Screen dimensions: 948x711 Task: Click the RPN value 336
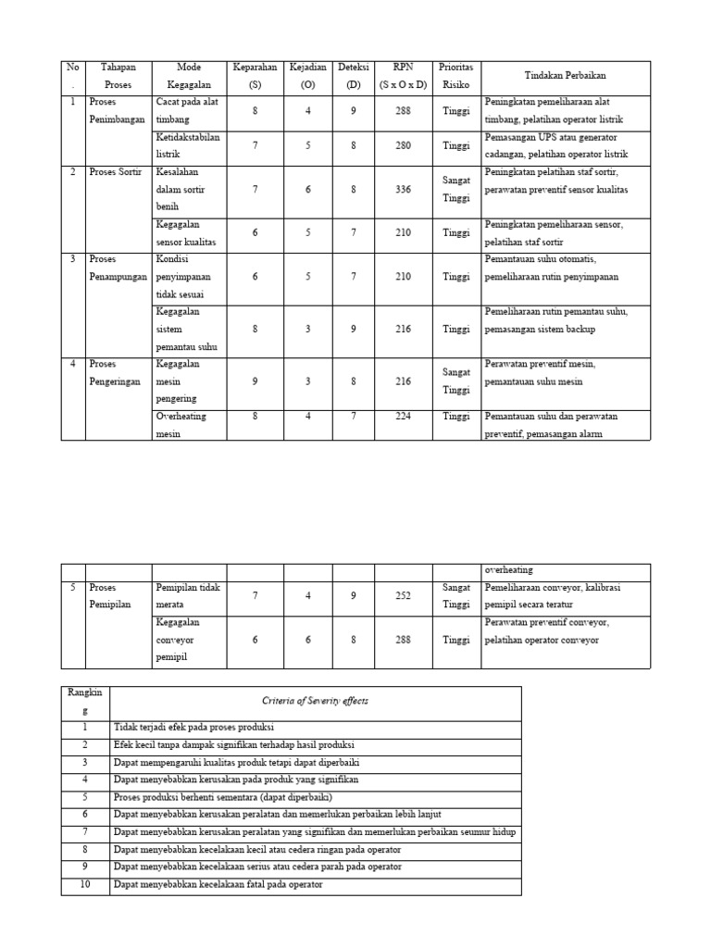click(403, 190)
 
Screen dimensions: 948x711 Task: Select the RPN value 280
click(403, 145)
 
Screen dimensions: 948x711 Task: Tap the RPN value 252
click(403, 596)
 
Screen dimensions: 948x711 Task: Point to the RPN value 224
click(403, 417)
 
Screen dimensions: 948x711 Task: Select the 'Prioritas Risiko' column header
click(455, 76)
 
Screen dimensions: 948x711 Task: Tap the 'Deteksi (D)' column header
click(353, 76)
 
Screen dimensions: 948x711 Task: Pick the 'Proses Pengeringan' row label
click(117, 372)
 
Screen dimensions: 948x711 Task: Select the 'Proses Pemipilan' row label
click(114, 595)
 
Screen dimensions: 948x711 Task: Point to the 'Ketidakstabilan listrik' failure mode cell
click(188, 145)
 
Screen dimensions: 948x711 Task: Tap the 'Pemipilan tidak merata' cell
click(188, 595)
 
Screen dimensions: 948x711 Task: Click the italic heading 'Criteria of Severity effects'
click(315, 701)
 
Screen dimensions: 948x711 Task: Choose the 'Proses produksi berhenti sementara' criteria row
click(221, 797)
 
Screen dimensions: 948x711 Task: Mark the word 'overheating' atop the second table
click(508, 570)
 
